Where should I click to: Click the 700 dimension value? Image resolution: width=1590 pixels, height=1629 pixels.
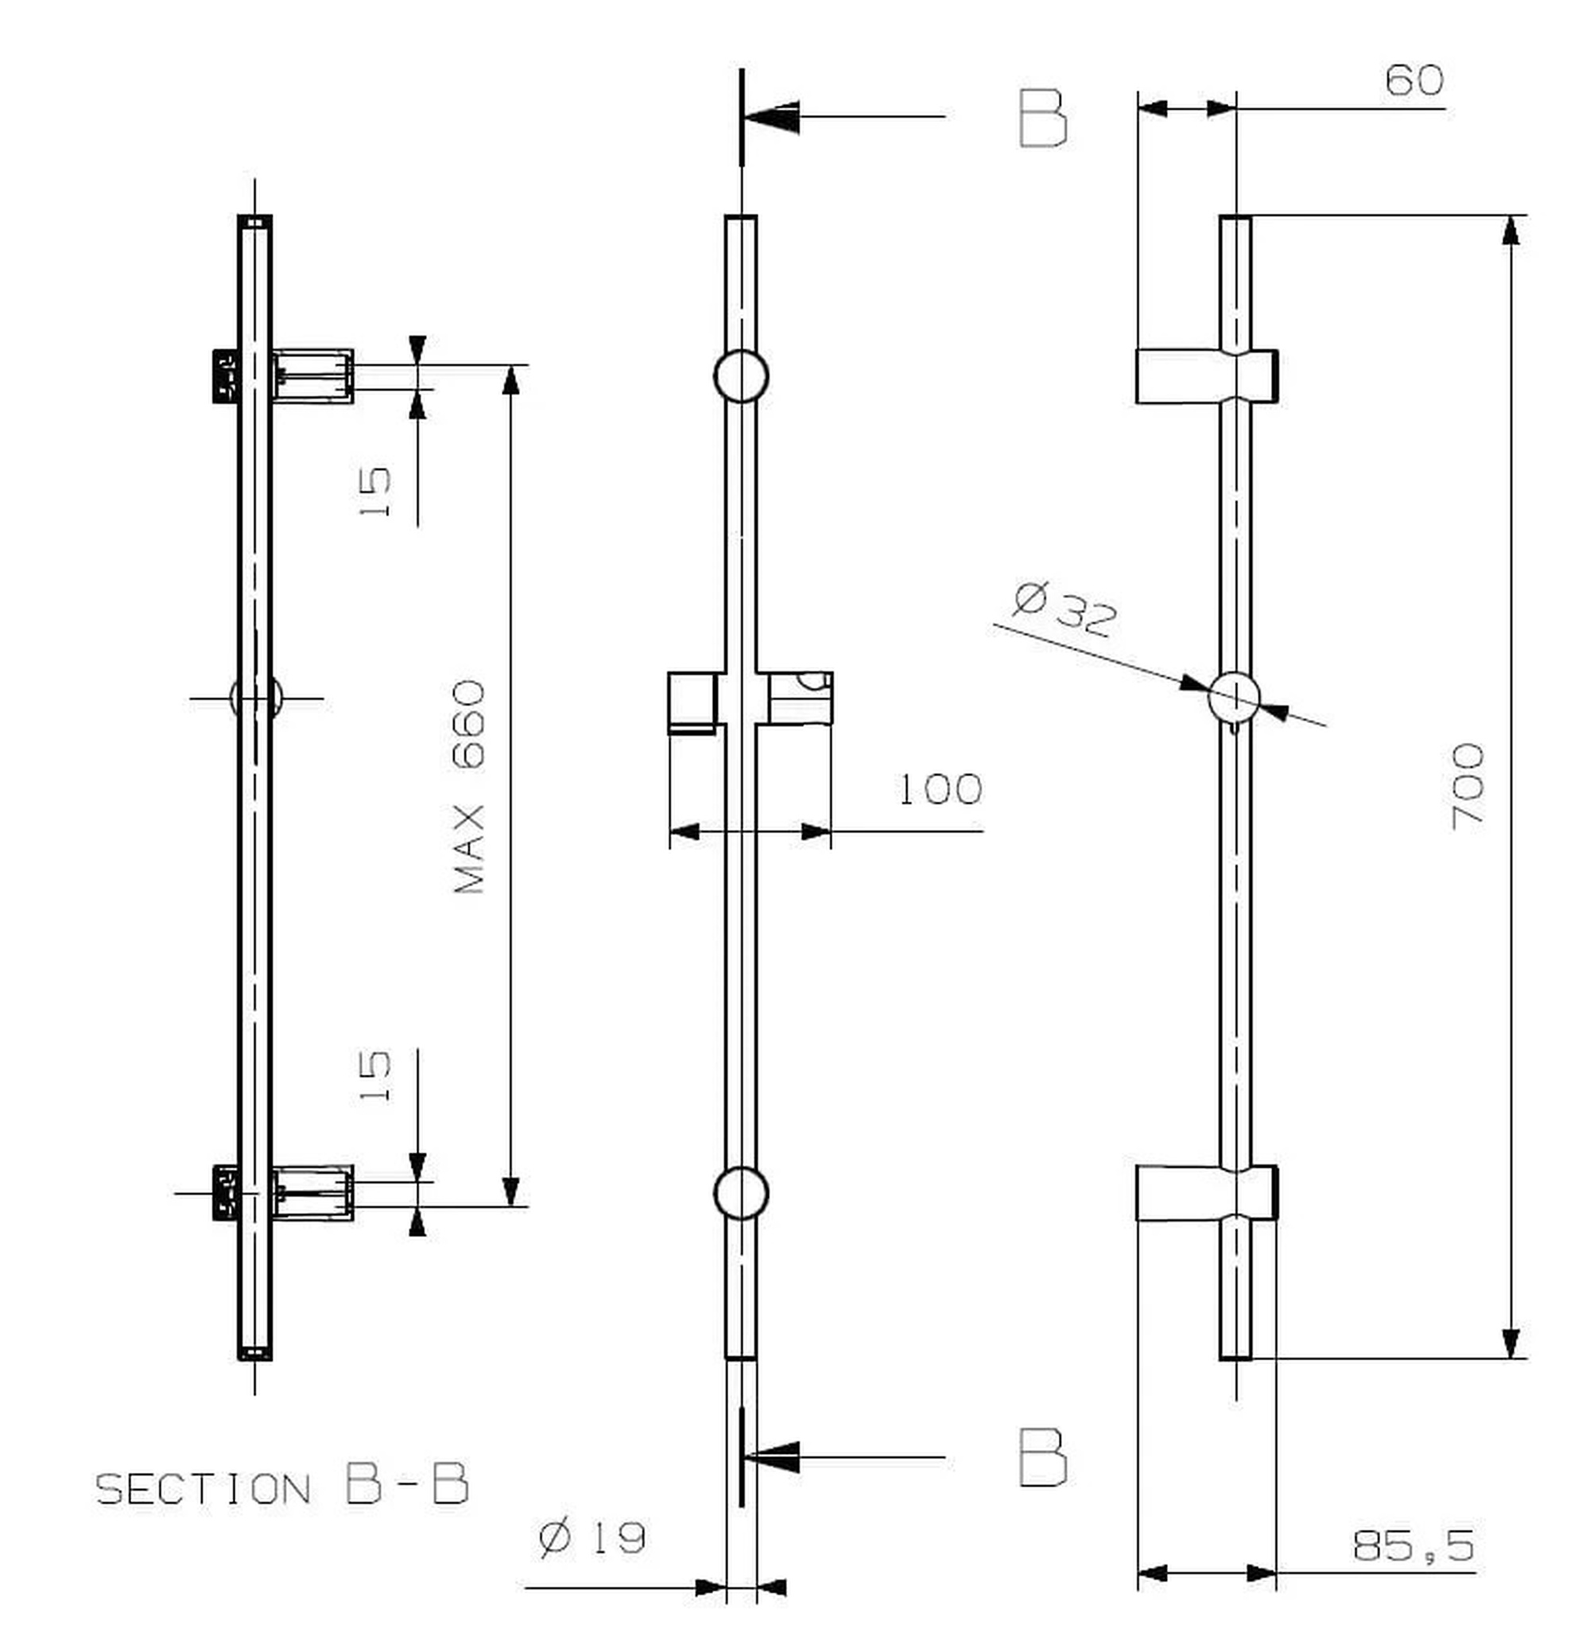pyautogui.click(x=1468, y=786)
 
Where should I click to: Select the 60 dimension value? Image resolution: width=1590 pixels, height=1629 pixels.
pyautogui.click(x=1414, y=80)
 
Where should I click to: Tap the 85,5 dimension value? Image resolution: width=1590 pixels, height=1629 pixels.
pyautogui.click(x=1413, y=1545)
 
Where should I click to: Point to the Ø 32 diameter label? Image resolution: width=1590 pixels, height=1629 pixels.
pyautogui.click(x=1065, y=610)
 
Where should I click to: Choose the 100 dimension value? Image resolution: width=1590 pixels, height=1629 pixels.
pyautogui.click(x=940, y=789)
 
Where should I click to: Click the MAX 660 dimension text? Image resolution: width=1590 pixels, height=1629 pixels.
pyautogui.click(x=468, y=787)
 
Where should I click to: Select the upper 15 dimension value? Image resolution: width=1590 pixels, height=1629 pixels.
pyautogui.click(x=375, y=492)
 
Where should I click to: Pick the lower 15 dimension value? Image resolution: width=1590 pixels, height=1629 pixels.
pyautogui.click(x=375, y=1077)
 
